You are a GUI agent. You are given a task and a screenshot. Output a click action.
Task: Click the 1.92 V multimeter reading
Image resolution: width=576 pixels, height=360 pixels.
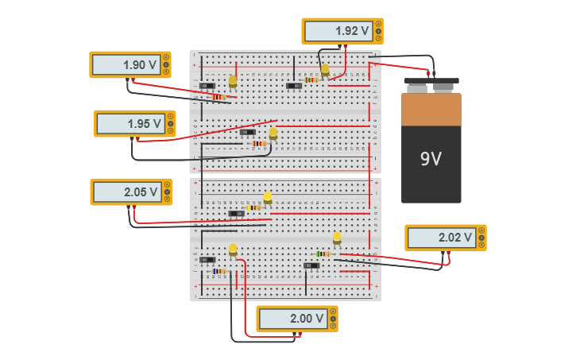pos(342,31)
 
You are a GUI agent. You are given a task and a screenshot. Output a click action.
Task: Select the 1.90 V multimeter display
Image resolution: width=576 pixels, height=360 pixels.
pos(130,64)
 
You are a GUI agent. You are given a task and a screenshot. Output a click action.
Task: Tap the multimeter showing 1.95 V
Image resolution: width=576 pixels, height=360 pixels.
pos(134,123)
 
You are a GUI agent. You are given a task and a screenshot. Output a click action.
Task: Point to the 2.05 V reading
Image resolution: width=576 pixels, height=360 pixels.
pos(131,192)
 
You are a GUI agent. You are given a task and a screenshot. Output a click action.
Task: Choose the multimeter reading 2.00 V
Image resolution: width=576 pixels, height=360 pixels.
pos(296,318)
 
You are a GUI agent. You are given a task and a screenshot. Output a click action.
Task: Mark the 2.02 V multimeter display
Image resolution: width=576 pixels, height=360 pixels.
pos(445,237)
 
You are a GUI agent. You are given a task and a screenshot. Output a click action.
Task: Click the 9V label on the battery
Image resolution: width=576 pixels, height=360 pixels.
pos(431,159)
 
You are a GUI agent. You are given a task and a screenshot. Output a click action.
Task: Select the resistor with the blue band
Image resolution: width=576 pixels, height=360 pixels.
pos(218,271)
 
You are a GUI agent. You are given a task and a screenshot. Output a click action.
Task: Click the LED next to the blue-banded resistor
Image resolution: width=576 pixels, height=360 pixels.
pos(233,250)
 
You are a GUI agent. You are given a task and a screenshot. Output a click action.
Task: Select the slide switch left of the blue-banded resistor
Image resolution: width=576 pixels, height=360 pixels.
pos(207,260)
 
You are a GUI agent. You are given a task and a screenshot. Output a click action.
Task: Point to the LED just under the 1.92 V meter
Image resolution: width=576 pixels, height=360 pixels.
pos(325,70)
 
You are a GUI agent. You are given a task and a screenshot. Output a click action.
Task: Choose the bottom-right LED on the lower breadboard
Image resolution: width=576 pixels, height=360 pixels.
pos(337,238)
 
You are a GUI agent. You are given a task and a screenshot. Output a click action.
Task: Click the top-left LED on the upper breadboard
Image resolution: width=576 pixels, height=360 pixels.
pos(233,80)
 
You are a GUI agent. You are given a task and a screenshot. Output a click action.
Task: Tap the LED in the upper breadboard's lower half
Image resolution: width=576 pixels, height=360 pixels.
pos(273,133)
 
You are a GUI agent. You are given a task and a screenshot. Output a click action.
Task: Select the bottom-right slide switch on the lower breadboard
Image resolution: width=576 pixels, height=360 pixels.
pos(311,265)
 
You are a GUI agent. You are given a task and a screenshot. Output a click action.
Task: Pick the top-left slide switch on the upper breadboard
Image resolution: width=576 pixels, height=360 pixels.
pos(207,86)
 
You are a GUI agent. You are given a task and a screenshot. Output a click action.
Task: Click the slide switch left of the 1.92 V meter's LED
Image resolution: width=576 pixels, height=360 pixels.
pos(294,86)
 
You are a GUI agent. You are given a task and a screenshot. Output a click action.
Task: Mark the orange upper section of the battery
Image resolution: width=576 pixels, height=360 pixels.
pos(431,109)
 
